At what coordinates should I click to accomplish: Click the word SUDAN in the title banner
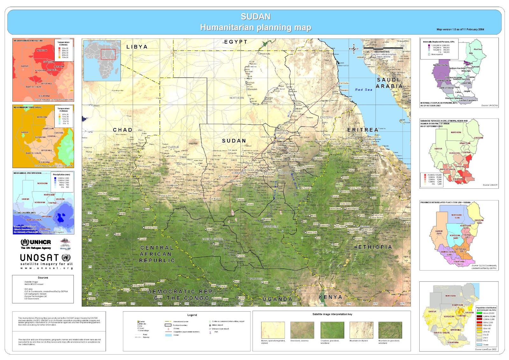tap(255, 17)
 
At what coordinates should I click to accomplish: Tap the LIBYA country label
tap(137, 47)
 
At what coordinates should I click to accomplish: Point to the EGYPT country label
tap(236, 42)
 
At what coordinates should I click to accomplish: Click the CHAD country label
tap(122, 130)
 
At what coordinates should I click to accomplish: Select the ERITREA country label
tap(363, 130)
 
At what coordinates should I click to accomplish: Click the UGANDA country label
tap(277, 299)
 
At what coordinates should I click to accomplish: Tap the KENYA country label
tap(331, 297)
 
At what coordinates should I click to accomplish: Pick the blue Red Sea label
tap(364, 90)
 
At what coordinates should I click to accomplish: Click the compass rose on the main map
tap(353, 49)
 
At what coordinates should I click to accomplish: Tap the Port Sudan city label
tap(344, 83)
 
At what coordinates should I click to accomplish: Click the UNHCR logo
tap(36, 243)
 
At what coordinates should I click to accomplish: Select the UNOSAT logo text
tap(39, 258)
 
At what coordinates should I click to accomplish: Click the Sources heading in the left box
tap(43, 278)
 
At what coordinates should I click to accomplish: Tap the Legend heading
tap(192, 315)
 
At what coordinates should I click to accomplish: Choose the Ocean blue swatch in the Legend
tap(168, 335)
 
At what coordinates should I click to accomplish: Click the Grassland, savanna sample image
tap(302, 330)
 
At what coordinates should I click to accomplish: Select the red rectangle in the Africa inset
tap(108, 54)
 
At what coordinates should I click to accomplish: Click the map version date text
tap(460, 29)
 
